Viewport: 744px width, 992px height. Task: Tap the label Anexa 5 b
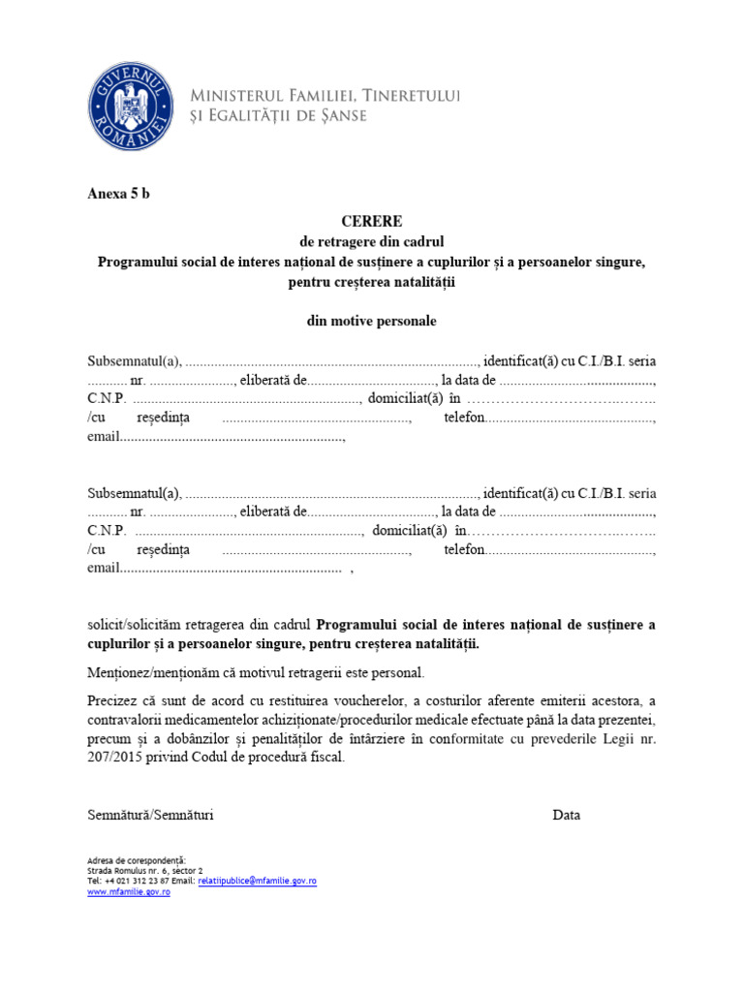pos(119,193)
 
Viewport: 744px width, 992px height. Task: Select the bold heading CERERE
pos(371,222)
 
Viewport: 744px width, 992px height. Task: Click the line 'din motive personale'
pos(371,321)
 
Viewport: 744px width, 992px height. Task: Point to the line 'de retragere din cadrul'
pos(371,241)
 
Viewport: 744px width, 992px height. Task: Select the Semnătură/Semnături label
pos(150,815)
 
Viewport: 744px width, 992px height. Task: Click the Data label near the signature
pos(567,815)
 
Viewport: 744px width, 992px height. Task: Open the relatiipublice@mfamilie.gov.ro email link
pos(257,882)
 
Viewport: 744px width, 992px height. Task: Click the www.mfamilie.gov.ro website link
pos(129,892)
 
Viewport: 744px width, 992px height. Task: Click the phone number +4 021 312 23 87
pos(137,882)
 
